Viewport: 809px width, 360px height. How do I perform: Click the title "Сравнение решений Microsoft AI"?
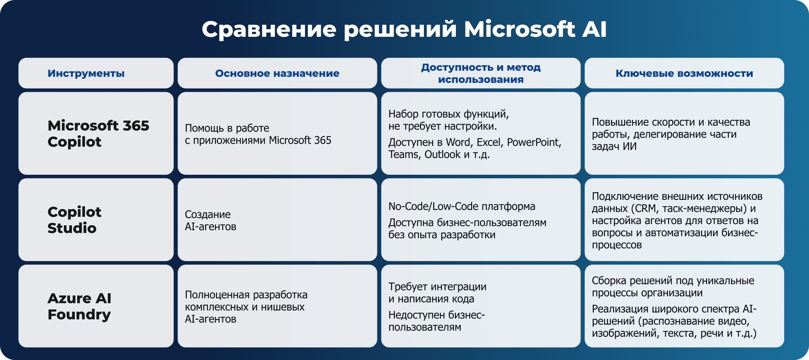point(404,30)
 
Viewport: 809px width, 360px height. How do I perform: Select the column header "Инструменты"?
point(86,73)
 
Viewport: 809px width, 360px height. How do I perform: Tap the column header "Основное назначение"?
point(277,73)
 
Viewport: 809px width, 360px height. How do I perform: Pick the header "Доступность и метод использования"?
point(481,73)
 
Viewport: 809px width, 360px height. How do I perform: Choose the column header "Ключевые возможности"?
point(684,73)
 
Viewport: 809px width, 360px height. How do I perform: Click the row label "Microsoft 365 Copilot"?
point(98,133)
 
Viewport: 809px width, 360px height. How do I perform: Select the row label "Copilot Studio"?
point(74,220)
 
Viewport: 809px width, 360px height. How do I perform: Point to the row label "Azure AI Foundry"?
point(79,306)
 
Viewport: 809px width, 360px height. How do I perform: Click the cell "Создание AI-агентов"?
point(210,220)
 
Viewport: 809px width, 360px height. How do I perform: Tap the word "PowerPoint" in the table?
point(534,142)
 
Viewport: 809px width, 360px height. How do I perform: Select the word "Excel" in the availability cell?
point(489,142)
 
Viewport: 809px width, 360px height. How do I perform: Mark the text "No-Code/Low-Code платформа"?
point(462,206)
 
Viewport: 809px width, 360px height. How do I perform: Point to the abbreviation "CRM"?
point(646,209)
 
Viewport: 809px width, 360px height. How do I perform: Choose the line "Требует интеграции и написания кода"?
point(437,293)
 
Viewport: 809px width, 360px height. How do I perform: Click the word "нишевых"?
point(283,307)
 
